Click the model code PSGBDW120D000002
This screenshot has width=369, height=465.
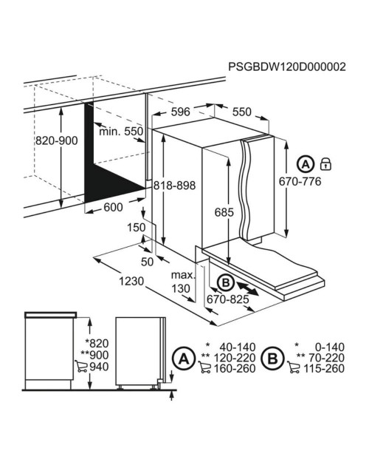click(x=287, y=67)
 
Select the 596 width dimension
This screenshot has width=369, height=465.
click(x=181, y=112)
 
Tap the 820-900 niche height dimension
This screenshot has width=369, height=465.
click(x=57, y=140)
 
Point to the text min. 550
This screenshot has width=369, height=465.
click(x=121, y=131)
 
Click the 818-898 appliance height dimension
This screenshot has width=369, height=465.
click(x=174, y=186)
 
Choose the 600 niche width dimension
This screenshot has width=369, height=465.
click(x=113, y=207)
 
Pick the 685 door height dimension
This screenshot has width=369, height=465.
click(x=224, y=212)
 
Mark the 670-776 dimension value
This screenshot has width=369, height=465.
click(x=300, y=182)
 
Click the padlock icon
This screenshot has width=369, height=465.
click(x=325, y=163)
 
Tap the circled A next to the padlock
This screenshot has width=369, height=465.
click(x=306, y=163)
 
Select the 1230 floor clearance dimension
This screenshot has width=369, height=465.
click(x=131, y=281)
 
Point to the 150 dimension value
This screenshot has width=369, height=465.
click(x=137, y=228)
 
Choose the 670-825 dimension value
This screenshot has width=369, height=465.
click(x=228, y=299)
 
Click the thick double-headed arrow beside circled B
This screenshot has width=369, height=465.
click(x=247, y=289)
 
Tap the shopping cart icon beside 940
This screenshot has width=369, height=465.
click(x=81, y=366)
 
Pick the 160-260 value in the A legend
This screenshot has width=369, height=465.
click(x=235, y=369)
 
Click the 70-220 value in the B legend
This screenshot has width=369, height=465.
click(x=327, y=358)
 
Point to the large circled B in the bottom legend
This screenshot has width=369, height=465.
click(x=272, y=359)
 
